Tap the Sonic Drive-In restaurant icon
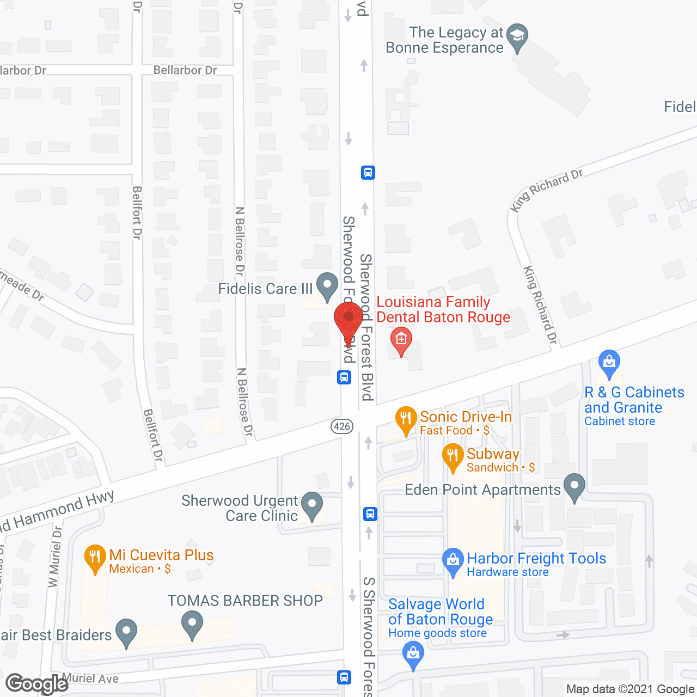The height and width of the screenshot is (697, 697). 406,419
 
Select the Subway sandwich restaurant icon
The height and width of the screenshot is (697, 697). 453,457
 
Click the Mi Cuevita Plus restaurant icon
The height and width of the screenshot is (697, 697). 95,558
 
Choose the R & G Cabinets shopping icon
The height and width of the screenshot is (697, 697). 609,363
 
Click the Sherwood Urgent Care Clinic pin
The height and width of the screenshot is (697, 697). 312,505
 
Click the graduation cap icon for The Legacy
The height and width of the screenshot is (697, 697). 517,37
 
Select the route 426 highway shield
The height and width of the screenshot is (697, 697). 342,426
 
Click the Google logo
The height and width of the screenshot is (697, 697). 36,684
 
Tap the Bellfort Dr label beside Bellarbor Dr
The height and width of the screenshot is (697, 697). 137,212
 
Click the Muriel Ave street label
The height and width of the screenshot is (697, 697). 90,678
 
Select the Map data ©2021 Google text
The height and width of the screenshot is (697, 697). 631,689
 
